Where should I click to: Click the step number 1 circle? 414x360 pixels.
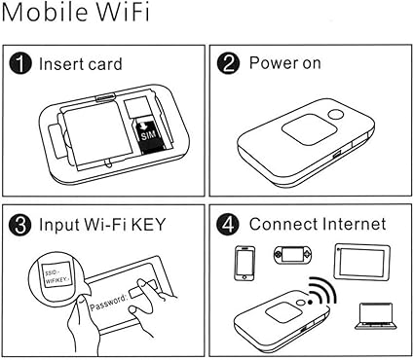pyautogui.click(x=20, y=63)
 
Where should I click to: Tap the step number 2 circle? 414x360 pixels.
pyautogui.click(x=228, y=63)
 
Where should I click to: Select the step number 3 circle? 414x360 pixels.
pyautogui.click(x=20, y=225)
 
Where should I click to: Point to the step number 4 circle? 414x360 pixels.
pyautogui.click(x=228, y=225)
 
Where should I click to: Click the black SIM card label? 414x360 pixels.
pyautogui.click(x=148, y=135)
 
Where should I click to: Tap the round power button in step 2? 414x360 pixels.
pyautogui.click(x=335, y=115)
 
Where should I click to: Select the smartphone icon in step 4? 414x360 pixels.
pyautogui.click(x=245, y=263)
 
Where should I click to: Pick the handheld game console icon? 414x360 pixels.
pyautogui.click(x=292, y=255)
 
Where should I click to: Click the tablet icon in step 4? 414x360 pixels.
pyautogui.click(x=362, y=262)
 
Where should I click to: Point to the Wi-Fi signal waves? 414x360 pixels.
pyautogui.click(x=321, y=289)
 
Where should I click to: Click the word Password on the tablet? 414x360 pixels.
pyautogui.click(x=108, y=302)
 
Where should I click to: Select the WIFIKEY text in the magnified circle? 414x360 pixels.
pyautogui.click(x=57, y=280)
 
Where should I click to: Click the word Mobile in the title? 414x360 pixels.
pyautogui.click(x=45, y=13)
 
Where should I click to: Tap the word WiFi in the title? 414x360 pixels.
pyautogui.click(x=124, y=13)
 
